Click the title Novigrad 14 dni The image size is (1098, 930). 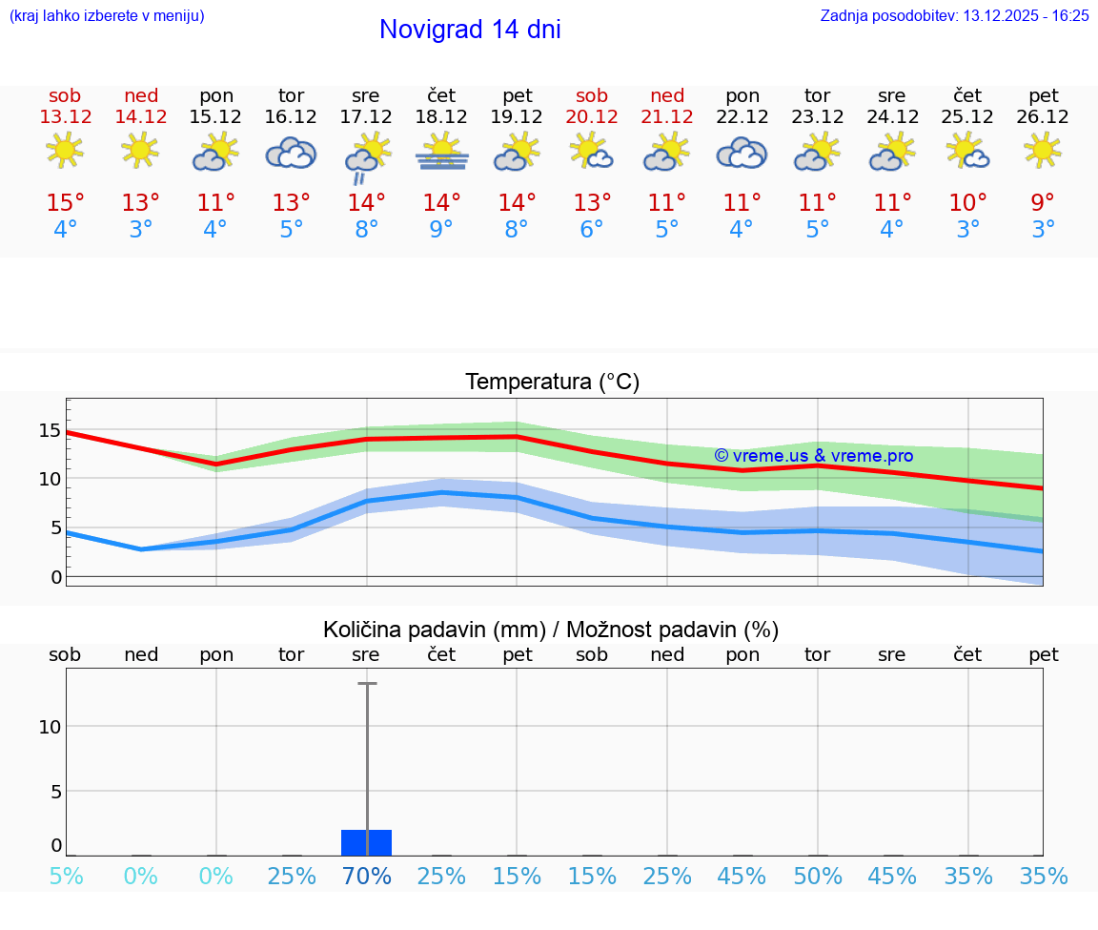[x=470, y=30]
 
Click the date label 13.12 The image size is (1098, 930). [x=65, y=117]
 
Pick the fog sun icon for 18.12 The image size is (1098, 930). [x=441, y=152]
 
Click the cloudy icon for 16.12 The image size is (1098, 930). [x=291, y=153]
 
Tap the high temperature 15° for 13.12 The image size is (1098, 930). [x=65, y=203]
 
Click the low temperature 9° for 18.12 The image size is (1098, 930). [x=441, y=230]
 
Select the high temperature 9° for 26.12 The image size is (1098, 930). [x=1044, y=203]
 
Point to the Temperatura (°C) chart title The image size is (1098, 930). [x=552, y=382]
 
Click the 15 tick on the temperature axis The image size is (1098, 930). [x=50, y=430]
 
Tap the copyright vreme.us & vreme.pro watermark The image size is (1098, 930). [x=813, y=456]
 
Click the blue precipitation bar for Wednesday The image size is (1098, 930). [x=366, y=842]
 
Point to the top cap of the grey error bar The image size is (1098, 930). [x=366, y=684]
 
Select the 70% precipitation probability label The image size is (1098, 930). [x=366, y=876]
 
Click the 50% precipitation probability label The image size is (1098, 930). [x=818, y=876]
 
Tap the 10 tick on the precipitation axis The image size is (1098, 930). [x=50, y=727]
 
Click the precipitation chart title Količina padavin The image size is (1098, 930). [x=551, y=630]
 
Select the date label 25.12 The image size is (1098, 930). [x=967, y=117]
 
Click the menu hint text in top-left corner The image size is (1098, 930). [x=107, y=15]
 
